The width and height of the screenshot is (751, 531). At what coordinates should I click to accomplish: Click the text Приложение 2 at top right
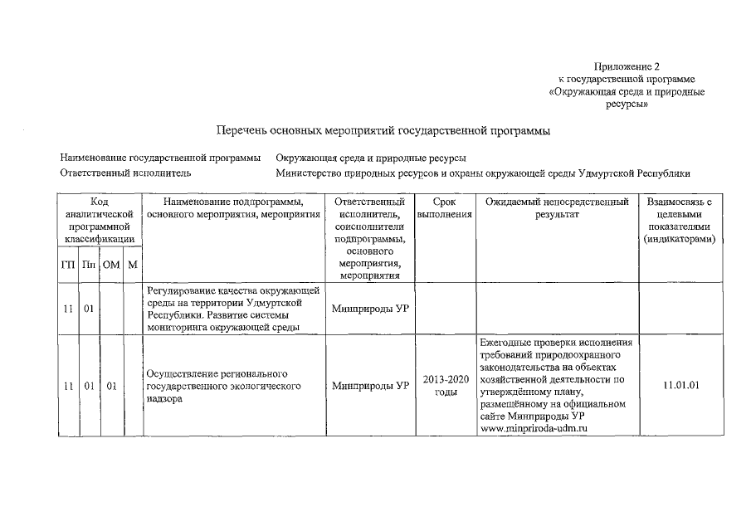coord(627,66)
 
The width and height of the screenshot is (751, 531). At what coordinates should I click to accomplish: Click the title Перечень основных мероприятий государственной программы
coord(383,131)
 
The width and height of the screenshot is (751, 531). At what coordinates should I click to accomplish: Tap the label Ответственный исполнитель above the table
coord(126,173)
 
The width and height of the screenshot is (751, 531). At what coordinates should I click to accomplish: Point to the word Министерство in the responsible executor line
coord(313,173)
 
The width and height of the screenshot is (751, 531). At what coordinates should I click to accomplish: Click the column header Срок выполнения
coord(445,207)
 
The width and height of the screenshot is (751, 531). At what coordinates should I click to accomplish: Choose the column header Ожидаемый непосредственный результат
coord(556,207)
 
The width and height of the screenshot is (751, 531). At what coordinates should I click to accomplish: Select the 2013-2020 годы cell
coord(445,386)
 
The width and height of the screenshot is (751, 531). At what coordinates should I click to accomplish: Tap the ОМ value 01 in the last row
coord(111,386)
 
